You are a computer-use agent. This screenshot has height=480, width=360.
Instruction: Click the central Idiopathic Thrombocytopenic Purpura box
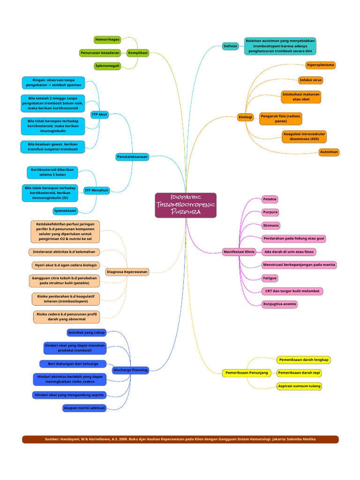click(186, 205)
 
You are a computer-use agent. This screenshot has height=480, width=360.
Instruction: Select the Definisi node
click(230, 46)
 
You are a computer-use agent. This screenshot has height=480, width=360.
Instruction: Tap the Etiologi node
click(245, 117)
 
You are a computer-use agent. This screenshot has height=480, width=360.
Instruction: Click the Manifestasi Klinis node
click(239, 252)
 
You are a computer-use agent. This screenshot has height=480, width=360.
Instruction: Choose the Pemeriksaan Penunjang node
click(247, 373)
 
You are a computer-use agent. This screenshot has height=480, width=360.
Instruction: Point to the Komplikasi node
click(138, 53)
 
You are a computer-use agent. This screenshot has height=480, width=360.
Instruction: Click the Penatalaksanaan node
click(132, 157)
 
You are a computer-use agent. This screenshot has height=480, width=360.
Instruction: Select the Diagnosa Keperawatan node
click(127, 272)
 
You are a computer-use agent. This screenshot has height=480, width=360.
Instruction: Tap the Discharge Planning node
click(130, 370)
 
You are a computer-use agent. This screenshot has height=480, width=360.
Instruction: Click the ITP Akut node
click(99, 114)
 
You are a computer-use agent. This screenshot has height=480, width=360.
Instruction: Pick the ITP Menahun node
click(97, 190)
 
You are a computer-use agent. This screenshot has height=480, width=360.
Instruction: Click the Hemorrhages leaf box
click(107, 40)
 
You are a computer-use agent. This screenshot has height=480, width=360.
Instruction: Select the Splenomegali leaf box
click(107, 66)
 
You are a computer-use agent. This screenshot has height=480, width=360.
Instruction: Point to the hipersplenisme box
click(320, 65)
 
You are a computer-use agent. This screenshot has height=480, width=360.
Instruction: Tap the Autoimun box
click(329, 152)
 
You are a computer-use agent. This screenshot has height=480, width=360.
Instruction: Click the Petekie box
click(270, 199)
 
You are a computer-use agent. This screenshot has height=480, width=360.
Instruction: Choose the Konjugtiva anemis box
click(280, 304)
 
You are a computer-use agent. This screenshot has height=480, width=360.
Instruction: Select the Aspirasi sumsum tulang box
click(300, 386)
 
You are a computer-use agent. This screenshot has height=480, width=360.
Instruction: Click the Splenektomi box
click(66, 211)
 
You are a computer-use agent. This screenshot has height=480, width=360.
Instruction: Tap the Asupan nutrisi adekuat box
click(84, 408)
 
